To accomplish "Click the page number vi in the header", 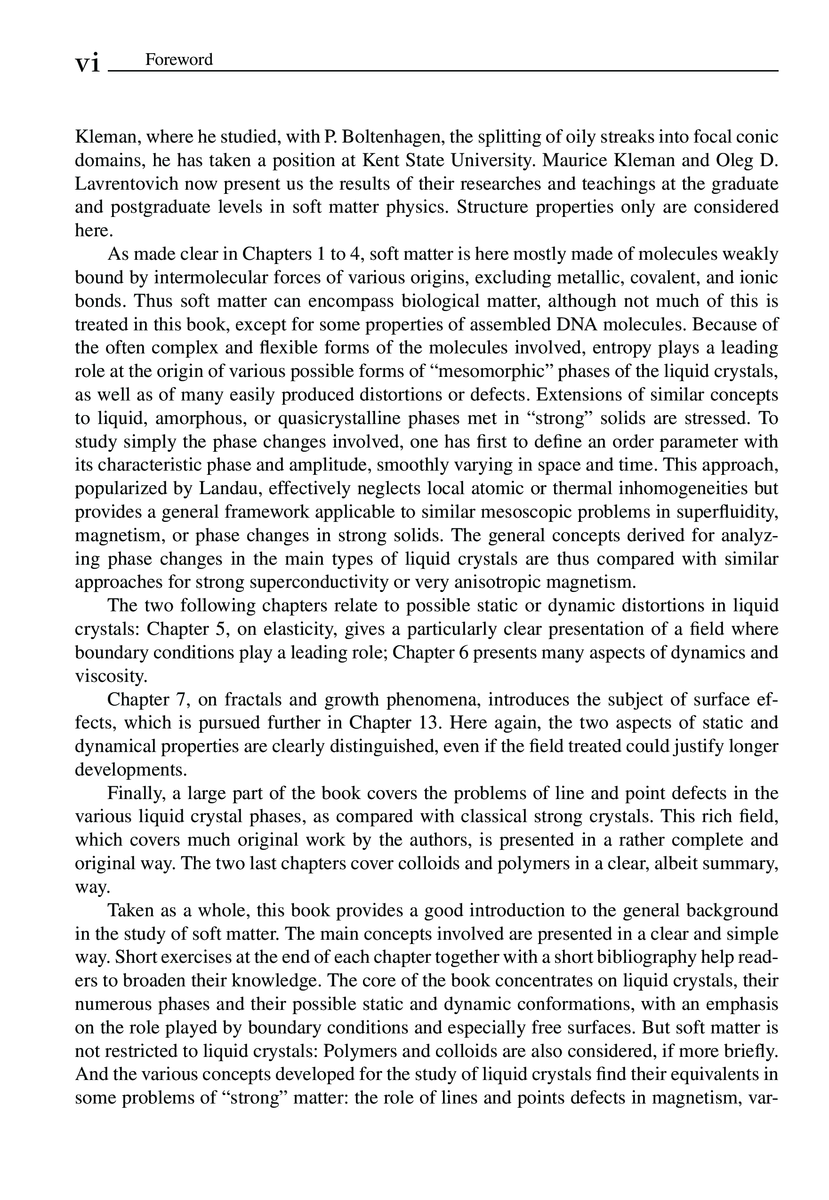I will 87,63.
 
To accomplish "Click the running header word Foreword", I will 179,60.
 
